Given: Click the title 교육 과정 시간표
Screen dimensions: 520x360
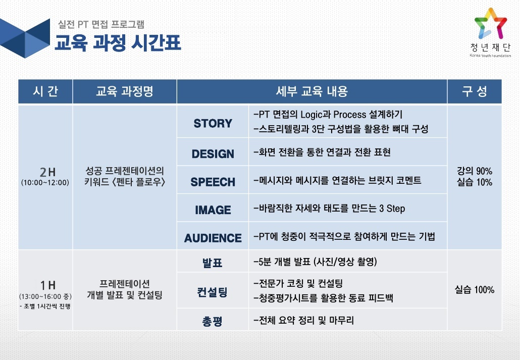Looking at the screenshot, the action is pos(118,43).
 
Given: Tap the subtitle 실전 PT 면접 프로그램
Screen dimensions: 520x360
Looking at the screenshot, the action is pos(101,24).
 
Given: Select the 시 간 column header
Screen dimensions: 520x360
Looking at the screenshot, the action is pos(45,91).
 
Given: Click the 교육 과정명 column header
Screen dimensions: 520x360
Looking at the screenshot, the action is pos(124,91).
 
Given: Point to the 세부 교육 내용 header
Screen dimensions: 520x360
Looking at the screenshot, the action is pos(311,91).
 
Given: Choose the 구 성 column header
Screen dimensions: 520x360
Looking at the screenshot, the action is pos(475,91).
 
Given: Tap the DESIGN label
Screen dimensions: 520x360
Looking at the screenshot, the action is pos(213,154).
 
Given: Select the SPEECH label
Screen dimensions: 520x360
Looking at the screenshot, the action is pos(213,182).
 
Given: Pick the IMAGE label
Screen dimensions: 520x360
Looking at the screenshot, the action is pos(213,210).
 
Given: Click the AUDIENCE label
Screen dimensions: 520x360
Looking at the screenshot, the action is pos(213,238).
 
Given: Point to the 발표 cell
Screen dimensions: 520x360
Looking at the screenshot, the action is pos(212,263).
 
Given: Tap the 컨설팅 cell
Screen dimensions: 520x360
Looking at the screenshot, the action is pos(212,292).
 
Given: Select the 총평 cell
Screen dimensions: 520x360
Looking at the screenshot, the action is pos(212,321).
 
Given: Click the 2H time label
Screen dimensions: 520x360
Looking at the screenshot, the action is pos(47,172).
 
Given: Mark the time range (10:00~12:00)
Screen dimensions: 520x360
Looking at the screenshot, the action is pos(45,182).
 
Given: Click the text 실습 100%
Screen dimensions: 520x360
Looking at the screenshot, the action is pos(475,290).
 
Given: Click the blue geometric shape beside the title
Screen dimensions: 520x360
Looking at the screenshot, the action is pos(25,38).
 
